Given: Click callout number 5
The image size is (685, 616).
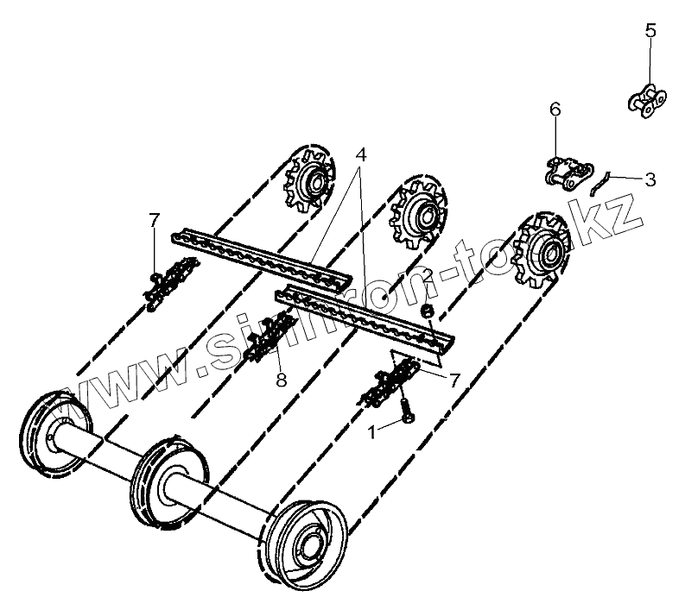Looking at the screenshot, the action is pos(650,31).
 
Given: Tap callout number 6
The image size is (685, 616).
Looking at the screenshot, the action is pos(555,109).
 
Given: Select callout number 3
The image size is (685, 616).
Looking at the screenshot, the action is pos(650,179).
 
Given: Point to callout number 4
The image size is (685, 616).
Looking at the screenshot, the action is pos(360,155).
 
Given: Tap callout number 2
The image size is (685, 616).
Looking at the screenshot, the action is pos(426,274).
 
